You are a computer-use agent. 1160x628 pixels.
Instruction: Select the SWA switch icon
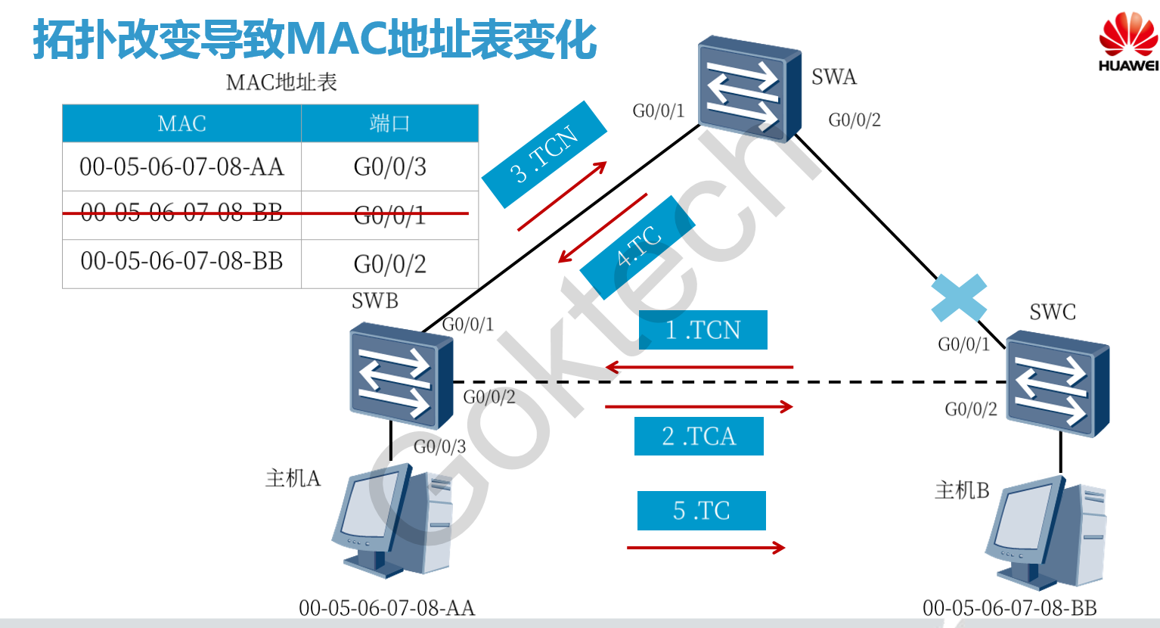point(749,89)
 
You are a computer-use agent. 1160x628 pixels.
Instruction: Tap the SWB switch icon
point(401,375)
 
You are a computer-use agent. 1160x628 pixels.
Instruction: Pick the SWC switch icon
point(1057,387)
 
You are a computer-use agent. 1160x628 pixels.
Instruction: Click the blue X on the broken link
point(959,298)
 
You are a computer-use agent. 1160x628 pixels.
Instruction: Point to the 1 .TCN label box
point(703,330)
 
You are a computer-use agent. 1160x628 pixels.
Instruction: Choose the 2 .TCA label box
point(699,436)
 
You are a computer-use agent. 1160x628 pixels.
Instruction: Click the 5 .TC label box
point(701,511)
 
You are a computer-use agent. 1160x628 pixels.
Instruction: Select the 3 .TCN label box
point(544,154)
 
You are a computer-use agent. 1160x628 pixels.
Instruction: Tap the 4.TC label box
point(637,247)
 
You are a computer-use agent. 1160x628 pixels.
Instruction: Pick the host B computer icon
point(1047,533)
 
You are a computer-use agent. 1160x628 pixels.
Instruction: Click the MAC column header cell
point(181,123)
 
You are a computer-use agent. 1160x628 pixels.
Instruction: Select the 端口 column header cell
point(389,123)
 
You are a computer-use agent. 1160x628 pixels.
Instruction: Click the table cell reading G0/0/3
point(389,166)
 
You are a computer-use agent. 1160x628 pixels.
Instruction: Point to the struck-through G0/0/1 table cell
point(389,216)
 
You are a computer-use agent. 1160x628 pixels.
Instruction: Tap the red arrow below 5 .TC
point(706,547)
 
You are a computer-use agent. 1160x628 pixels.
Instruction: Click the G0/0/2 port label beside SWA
point(854,120)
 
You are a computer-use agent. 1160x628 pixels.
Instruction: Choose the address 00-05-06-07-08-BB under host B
point(1010,608)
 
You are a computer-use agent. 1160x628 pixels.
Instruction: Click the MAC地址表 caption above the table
point(281,82)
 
